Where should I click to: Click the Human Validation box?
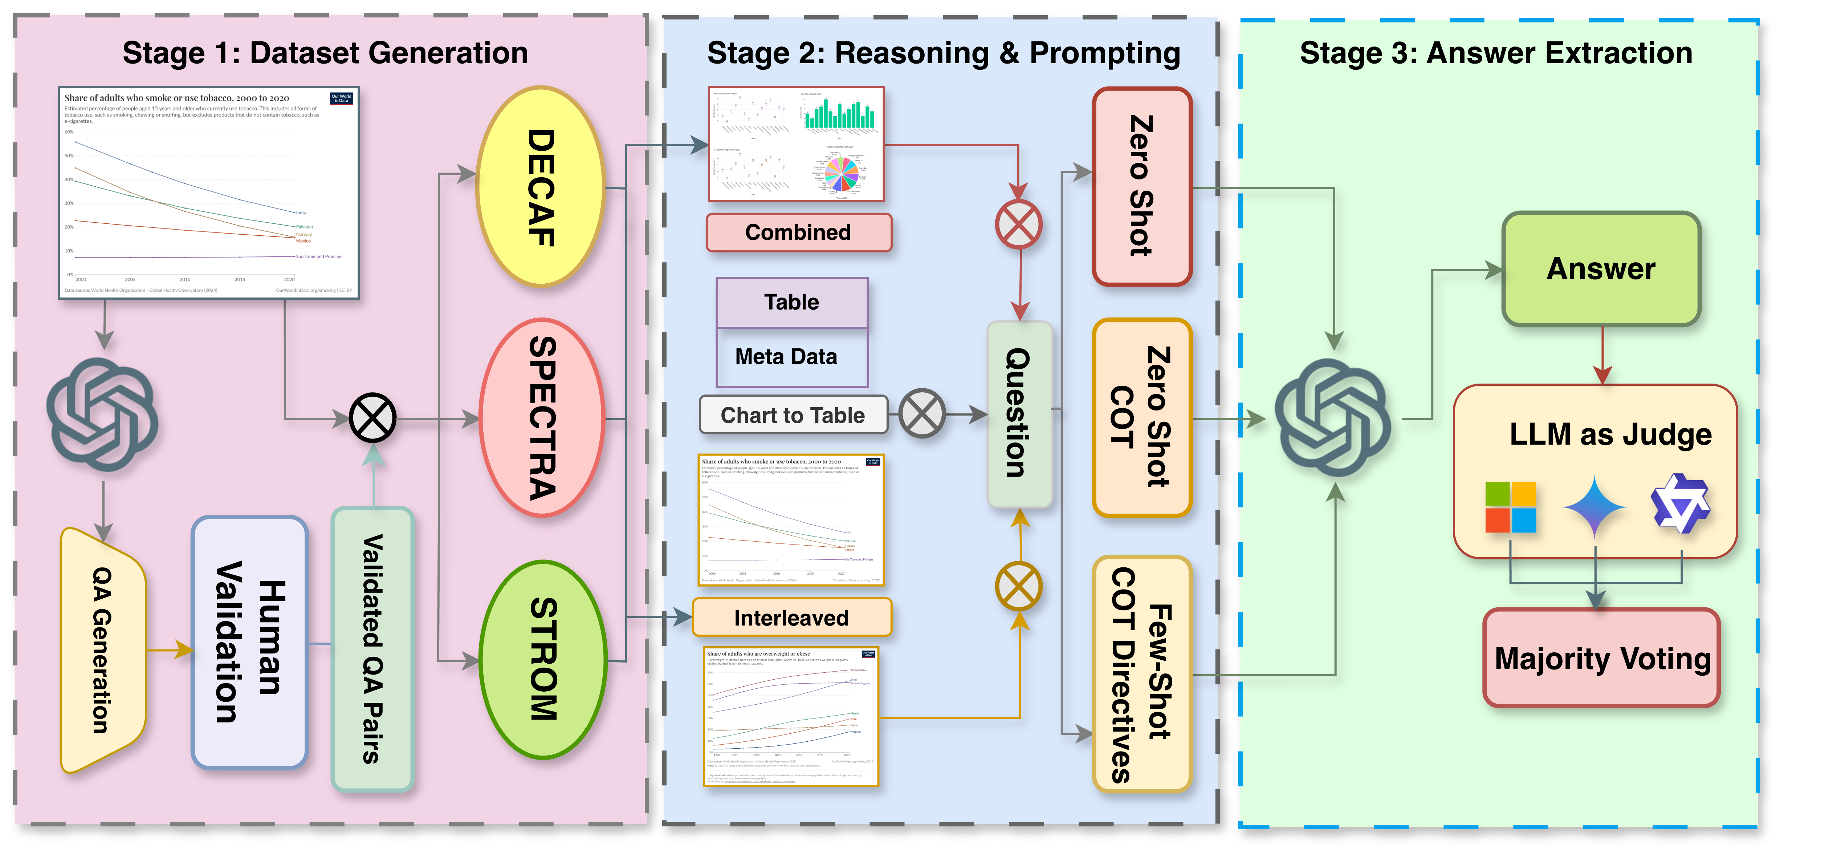pos(249,642)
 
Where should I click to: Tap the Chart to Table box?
pos(793,415)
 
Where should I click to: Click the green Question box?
pos(1019,414)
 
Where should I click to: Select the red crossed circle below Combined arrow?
pos(1018,224)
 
